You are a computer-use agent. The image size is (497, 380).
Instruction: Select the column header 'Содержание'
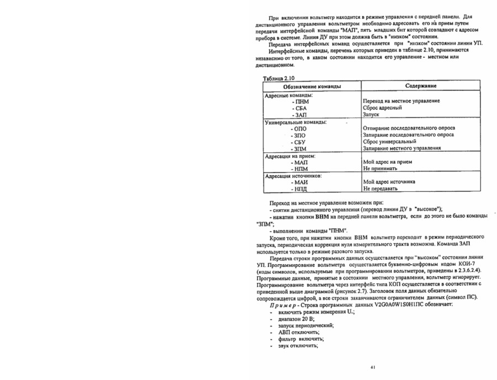pos(421,87)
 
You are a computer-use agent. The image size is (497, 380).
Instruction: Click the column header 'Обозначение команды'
pos(311,87)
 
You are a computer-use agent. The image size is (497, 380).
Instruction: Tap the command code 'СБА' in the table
pos(301,108)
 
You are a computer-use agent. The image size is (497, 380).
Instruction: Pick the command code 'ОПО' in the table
pos(301,129)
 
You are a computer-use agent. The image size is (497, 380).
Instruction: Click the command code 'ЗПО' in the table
pos(301,135)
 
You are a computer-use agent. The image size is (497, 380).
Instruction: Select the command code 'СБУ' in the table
pos(301,142)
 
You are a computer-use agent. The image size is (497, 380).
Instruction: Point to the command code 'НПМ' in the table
pos(302,169)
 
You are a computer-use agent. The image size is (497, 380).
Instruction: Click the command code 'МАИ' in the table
pos(302,182)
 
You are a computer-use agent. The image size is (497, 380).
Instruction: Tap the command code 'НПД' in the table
pos(302,189)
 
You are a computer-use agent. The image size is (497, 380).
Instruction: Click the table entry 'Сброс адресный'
pos(382,108)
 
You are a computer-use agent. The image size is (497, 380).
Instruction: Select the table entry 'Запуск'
pos(371,115)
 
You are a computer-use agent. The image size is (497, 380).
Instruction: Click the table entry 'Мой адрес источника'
pos(389,182)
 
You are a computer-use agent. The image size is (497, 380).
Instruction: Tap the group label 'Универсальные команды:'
pos(296,122)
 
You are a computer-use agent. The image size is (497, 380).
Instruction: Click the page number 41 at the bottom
pos(373,367)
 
